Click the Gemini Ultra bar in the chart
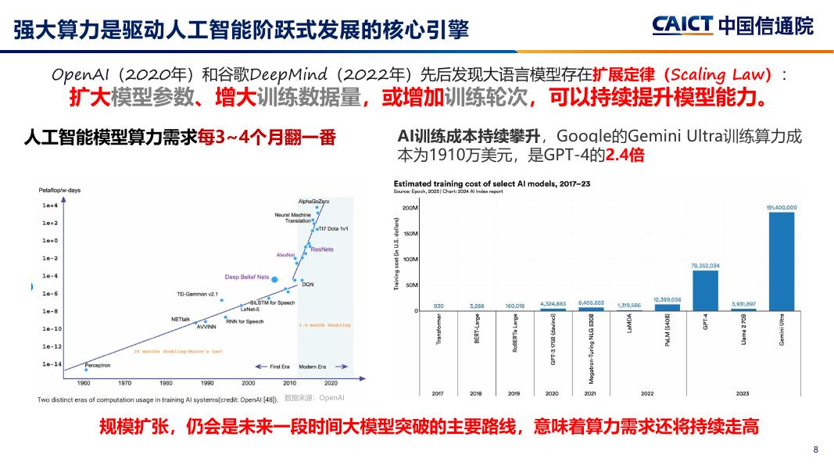pyautogui.click(x=781, y=261)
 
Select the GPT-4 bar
pyautogui.click(x=705, y=290)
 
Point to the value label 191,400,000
pyautogui.click(x=781, y=207)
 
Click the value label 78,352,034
pyautogui.click(x=705, y=266)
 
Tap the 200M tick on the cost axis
pyautogui.click(x=410, y=208)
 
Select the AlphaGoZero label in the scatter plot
pyautogui.click(x=313, y=201)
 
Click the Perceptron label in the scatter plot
pyautogui.click(x=98, y=365)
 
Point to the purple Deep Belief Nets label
pyautogui.click(x=246, y=277)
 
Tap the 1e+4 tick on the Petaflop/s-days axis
pyautogui.click(x=50, y=206)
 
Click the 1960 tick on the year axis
pyautogui.click(x=84, y=383)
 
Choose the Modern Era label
pyautogui.click(x=312, y=366)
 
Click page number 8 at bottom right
pyautogui.click(x=816, y=449)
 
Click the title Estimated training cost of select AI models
pyautogui.click(x=492, y=183)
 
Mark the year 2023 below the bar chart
pyautogui.click(x=743, y=392)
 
